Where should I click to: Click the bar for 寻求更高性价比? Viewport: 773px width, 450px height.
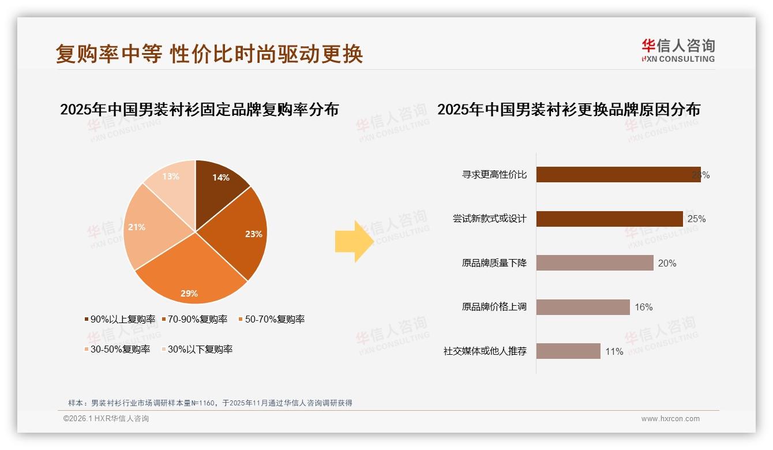point(617,175)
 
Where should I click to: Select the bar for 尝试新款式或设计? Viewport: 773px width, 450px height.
point(609,219)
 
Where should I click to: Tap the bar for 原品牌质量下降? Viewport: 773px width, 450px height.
point(594,263)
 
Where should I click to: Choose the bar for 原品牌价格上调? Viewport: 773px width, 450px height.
point(583,307)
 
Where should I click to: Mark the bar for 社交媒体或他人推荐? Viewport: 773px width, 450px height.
point(568,351)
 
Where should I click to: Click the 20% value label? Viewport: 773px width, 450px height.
point(667,263)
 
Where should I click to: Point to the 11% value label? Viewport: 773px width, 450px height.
point(614,351)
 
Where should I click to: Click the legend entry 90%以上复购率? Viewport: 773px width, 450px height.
point(120,319)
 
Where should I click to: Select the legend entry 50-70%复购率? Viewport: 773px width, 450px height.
point(271,319)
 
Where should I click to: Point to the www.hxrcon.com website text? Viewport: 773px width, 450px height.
point(670,419)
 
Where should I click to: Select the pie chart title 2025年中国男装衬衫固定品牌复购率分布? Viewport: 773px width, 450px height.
point(199,110)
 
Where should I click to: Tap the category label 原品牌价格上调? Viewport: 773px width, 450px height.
point(494,307)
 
